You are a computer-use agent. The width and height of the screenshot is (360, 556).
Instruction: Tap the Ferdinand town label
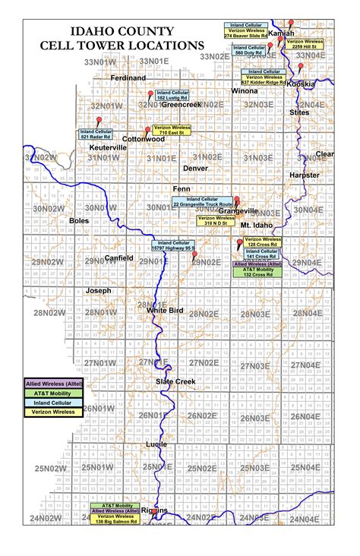[128, 77]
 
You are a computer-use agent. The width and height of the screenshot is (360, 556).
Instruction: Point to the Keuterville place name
[108, 147]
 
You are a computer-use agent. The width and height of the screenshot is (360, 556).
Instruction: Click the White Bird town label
[165, 311]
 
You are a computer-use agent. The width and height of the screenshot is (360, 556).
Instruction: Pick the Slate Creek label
[175, 381]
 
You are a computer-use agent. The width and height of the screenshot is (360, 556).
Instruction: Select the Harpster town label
[305, 175]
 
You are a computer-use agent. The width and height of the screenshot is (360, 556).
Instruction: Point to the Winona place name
[245, 90]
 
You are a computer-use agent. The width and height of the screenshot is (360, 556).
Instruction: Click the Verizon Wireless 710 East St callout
[172, 130]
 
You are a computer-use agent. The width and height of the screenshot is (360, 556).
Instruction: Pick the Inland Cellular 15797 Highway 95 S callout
[174, 245]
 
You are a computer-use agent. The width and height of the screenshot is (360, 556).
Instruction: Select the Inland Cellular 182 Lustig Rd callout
[168, 95]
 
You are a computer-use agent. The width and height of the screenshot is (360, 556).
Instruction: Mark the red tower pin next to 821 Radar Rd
[98, 120]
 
